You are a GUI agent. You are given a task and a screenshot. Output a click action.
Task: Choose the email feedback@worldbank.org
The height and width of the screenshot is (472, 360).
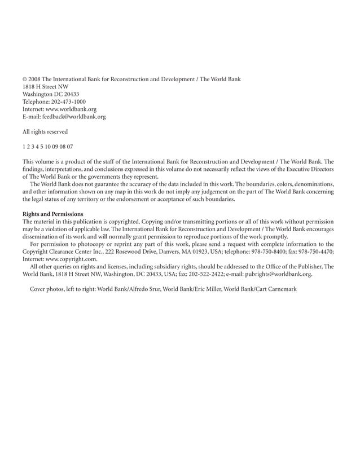click(74, 117)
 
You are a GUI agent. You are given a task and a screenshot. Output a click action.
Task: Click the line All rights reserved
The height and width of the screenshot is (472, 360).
click(45, 132)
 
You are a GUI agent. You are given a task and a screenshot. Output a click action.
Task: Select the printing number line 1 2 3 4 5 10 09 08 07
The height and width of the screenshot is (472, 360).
click(47, 147)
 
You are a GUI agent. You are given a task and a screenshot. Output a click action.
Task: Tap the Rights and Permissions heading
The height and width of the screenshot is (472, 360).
click(53, 214)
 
